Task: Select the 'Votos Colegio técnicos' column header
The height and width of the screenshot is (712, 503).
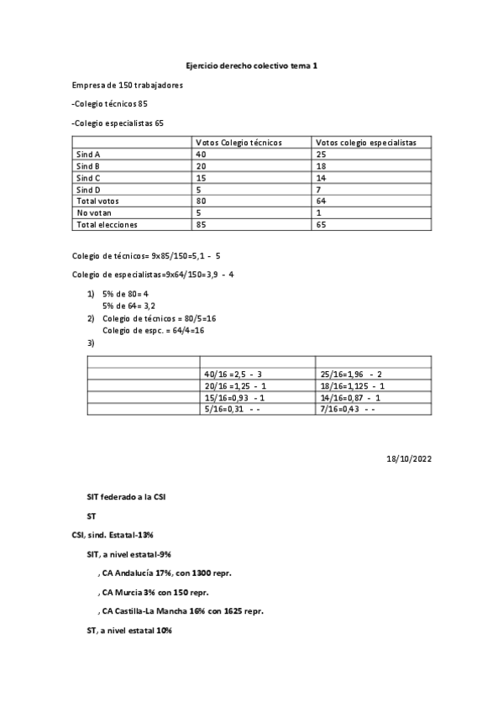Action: [238, 143]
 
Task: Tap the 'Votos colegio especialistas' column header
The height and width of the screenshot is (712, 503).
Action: [367, 143]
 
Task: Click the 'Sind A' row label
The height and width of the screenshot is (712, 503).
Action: [88, 154]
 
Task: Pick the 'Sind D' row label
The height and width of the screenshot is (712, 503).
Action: [88, 190]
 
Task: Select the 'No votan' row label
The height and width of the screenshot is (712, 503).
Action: [93, 213]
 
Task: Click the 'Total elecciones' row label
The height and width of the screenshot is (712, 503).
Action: [107, 225]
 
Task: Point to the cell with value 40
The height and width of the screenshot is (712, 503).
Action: [201, 154]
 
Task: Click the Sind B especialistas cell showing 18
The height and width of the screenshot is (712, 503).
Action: [322, 166]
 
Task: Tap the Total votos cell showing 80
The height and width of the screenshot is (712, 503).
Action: [201, 202]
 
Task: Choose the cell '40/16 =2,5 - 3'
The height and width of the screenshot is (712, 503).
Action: [233, 373]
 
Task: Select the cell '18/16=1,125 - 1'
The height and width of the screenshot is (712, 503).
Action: [352, 385]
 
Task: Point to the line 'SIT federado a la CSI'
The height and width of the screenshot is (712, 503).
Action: [126, 497]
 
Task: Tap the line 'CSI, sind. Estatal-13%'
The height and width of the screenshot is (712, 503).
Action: [118, 535]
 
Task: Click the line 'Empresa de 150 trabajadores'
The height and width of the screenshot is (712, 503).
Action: [128, 85]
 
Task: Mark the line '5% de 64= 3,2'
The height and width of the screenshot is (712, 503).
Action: [125, 307]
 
